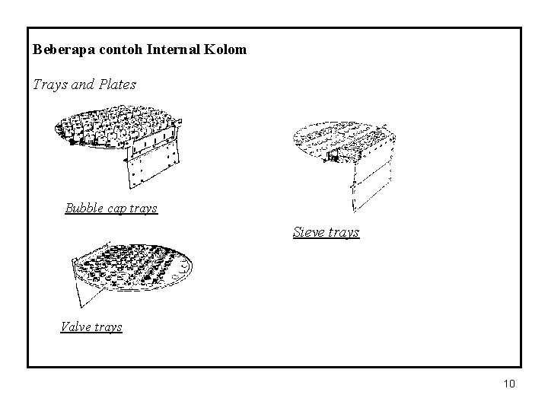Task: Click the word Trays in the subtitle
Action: (x=49, y=84)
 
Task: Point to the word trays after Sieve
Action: (x=345, y=231)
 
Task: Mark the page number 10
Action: (x=509, y=384)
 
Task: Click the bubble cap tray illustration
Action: (x=114, y=129)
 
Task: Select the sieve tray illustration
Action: (x=342, y=141)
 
